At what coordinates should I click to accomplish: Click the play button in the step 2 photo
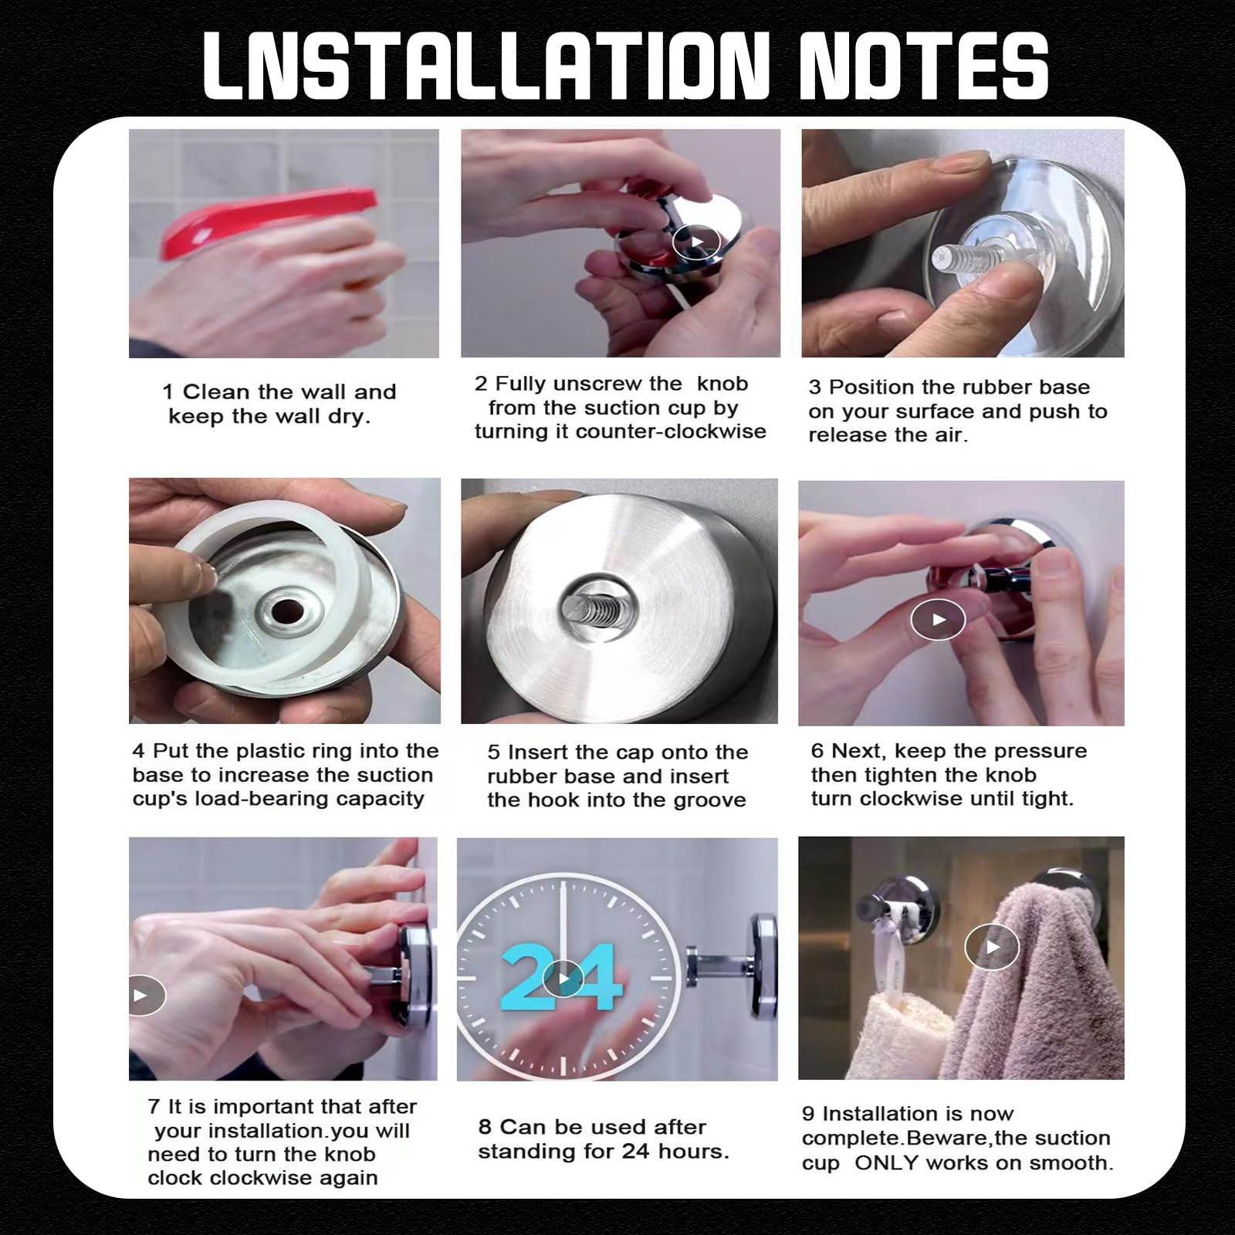[696, 242]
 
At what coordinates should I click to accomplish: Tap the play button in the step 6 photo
[938, 619]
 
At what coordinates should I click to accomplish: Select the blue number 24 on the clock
[562, 978]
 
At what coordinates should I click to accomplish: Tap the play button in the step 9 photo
[992, 946]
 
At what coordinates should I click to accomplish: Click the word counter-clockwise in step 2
[671, 431]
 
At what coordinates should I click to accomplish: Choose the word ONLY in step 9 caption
[885, 1162]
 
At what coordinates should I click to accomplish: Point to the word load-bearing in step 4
[252, 799]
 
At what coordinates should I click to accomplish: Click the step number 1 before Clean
[167, 392]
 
